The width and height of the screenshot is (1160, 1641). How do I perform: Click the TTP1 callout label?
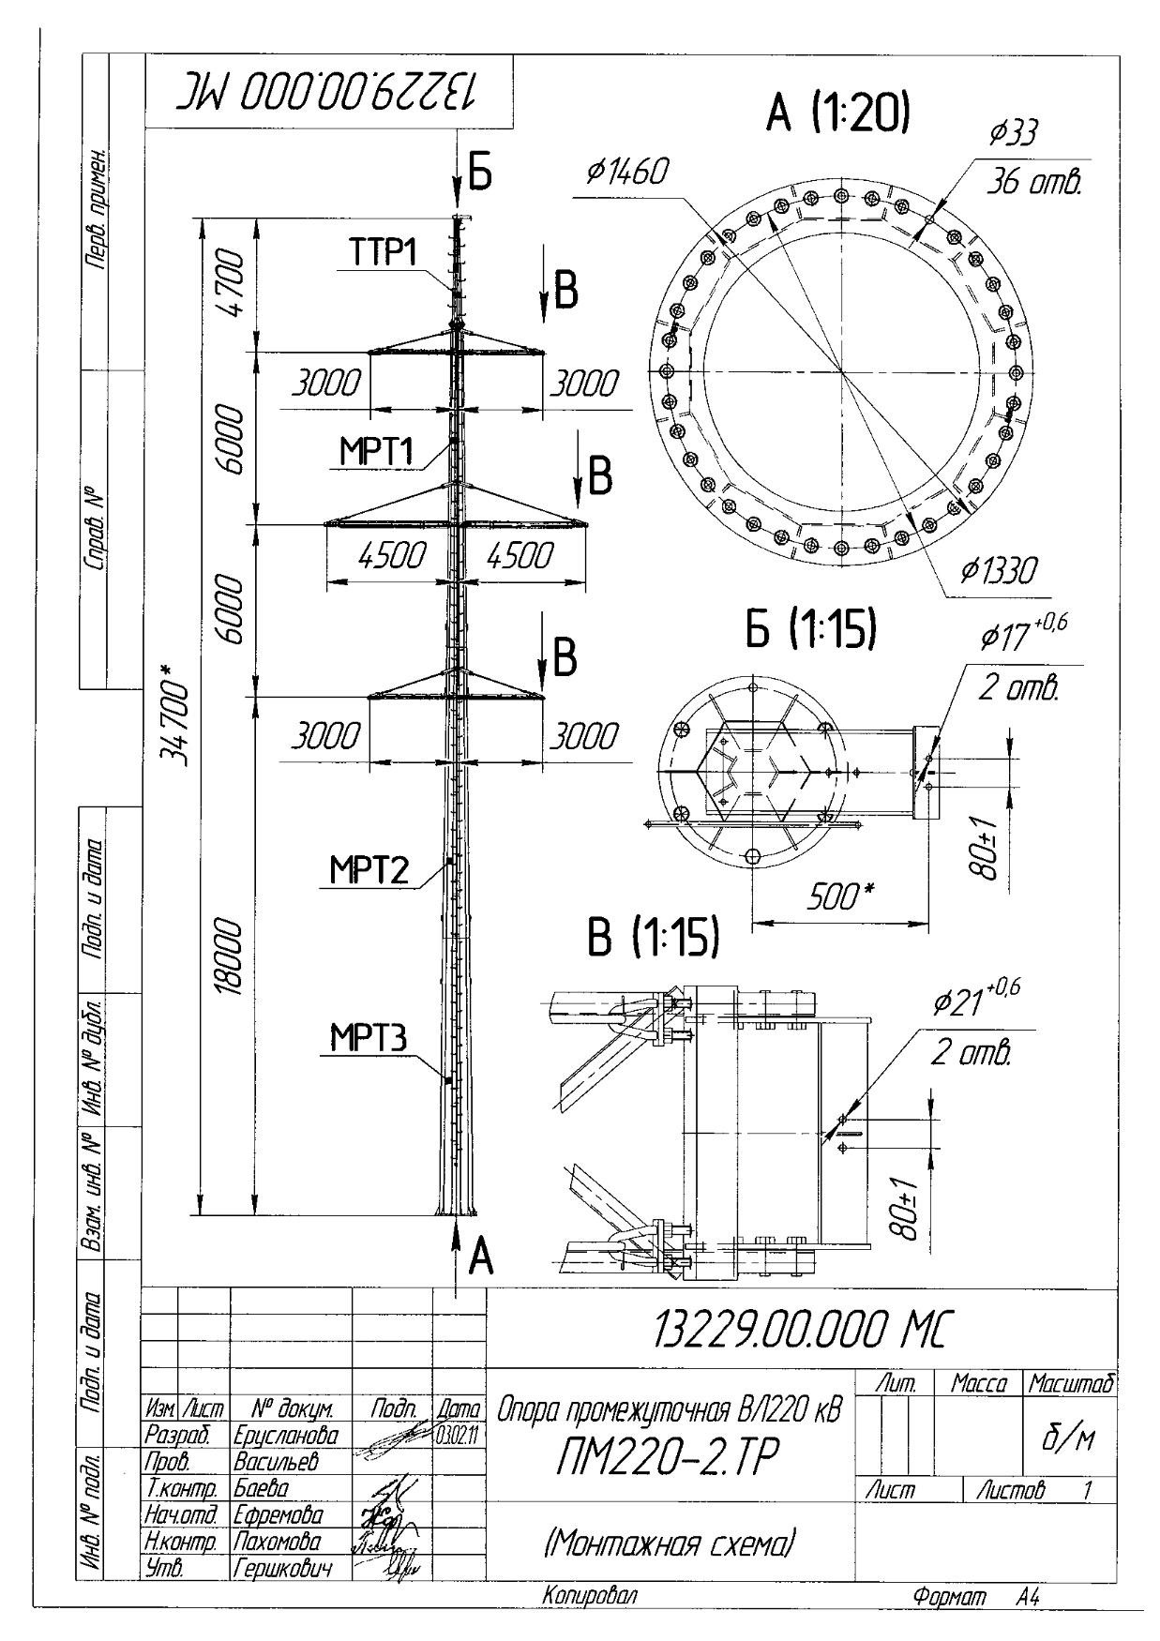coord(384,254)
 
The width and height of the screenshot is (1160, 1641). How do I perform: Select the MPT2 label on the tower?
coord(369,870)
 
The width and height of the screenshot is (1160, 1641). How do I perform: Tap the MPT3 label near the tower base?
coord(369,1038)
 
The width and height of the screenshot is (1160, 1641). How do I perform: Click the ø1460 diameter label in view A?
coord(627,172)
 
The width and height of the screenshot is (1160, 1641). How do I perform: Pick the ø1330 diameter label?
coord(998,569)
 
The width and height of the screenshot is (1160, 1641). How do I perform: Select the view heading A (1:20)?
coord(837,114)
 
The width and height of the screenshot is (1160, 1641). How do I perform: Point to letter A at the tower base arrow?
coord(480,1255)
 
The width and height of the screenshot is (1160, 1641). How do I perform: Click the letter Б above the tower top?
coord(479,174)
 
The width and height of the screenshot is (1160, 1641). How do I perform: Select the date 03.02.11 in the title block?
coord(459,1434)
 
